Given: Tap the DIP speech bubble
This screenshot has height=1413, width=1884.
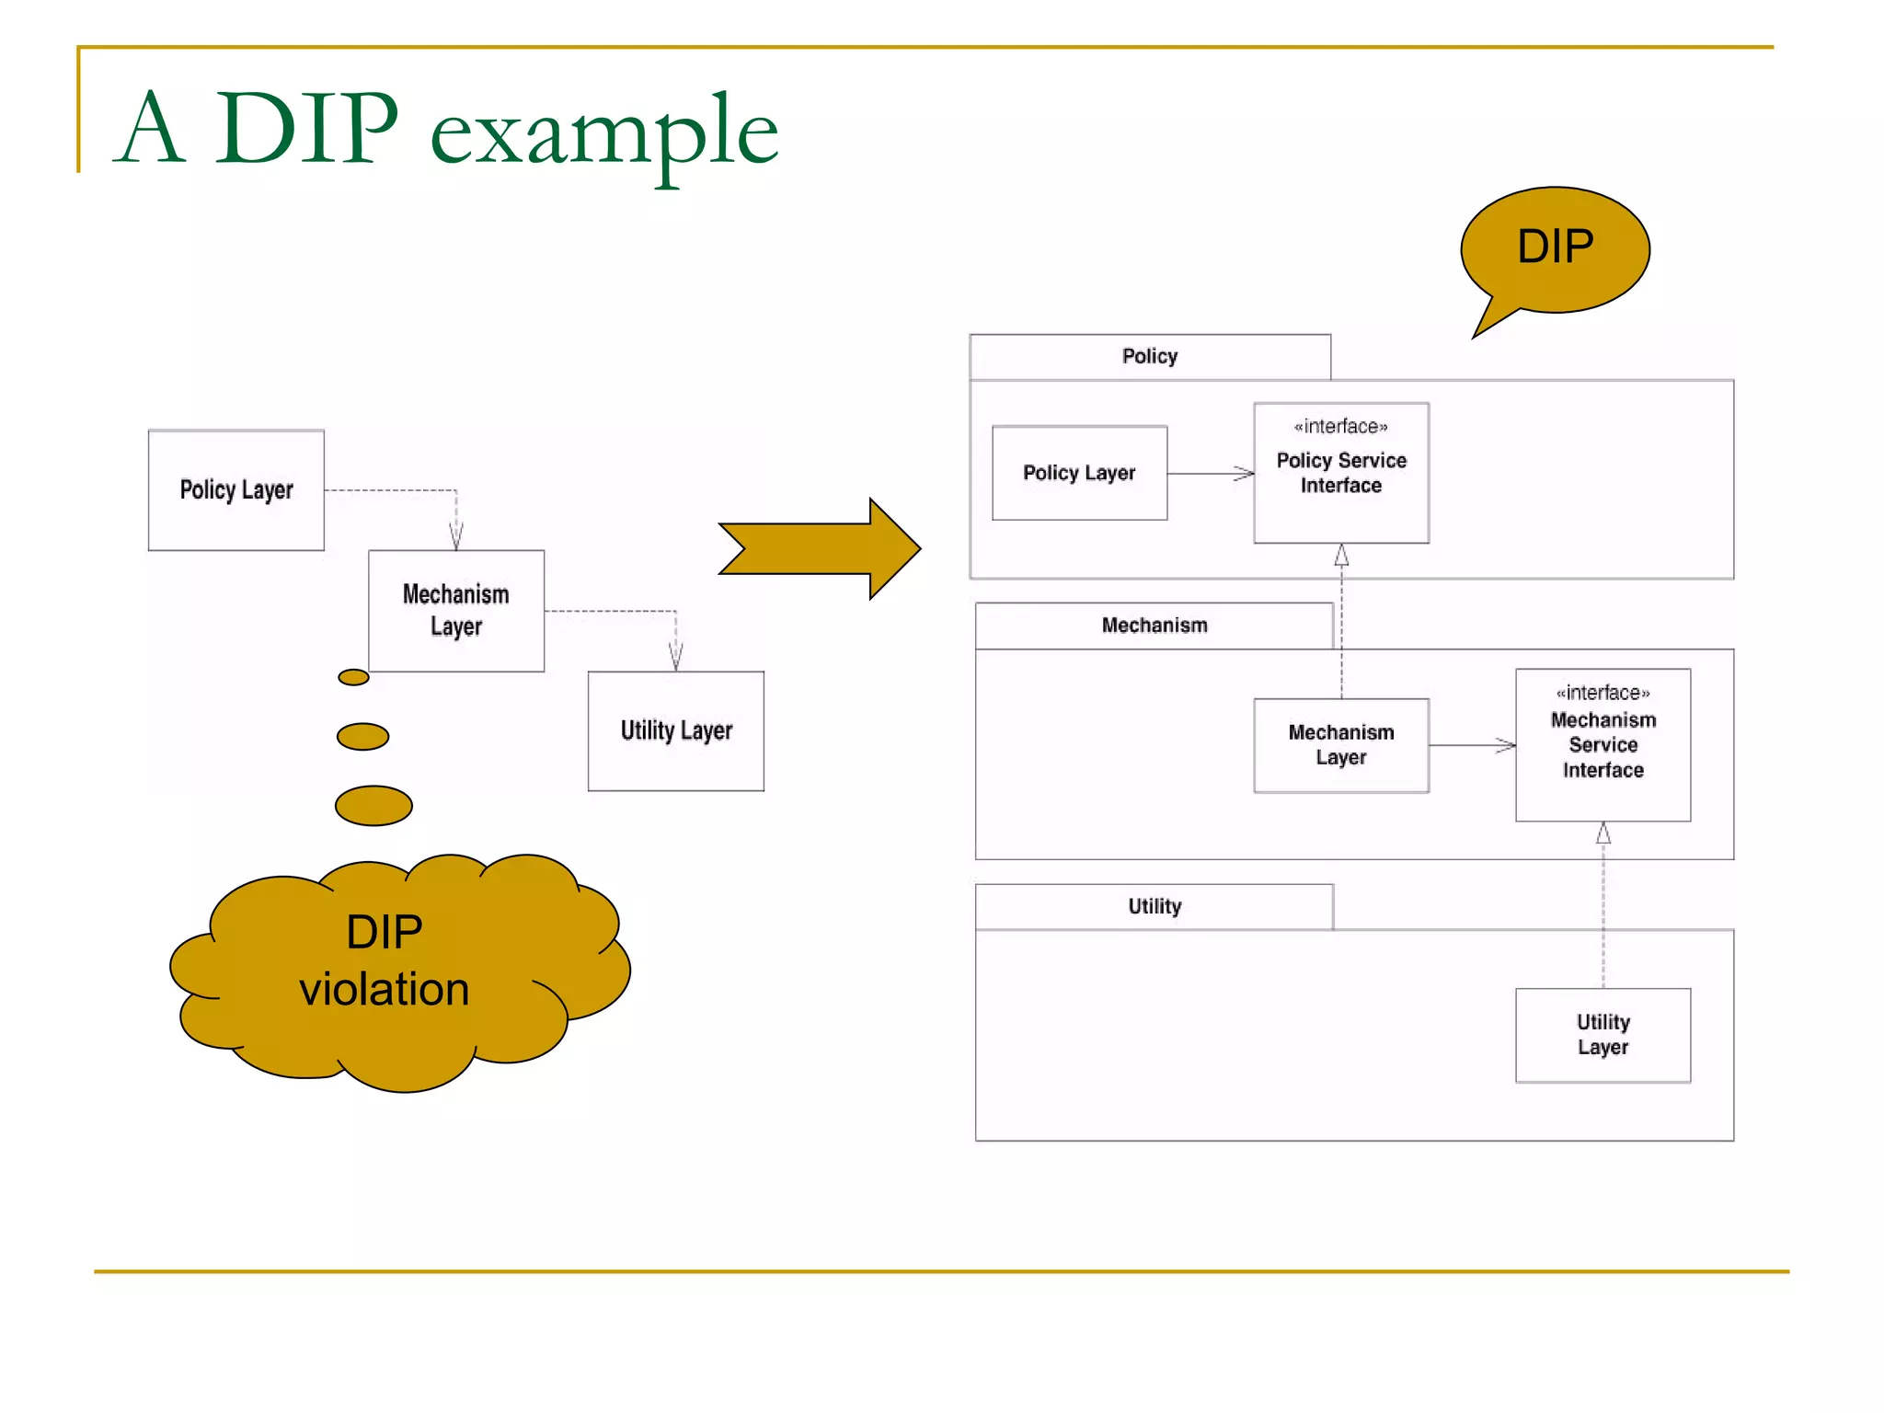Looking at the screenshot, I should click(1555, 248).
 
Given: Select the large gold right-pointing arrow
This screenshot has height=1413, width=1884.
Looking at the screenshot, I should click(819, 548).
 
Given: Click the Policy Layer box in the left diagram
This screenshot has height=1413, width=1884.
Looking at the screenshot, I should click(236, 489).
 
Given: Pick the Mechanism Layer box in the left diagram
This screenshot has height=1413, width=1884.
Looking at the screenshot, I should click(456, 610).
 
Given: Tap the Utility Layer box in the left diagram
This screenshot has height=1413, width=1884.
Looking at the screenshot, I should click(676, 730).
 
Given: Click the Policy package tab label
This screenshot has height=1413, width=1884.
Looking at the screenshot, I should click(1149, 356).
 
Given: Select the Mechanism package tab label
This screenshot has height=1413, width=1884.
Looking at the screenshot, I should click(1154, 626).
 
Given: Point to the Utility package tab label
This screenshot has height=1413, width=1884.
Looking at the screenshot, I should click(1154, 906).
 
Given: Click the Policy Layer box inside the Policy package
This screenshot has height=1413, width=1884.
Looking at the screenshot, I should click(1079, 473).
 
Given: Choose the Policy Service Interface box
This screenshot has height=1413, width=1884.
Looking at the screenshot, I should click(1340, 473).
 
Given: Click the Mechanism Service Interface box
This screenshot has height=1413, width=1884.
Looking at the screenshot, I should click(1603, 744).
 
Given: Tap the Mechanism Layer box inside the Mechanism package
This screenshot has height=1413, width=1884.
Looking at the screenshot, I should click(1340, 745).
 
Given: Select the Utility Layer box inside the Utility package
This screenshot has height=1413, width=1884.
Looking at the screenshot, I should click(1603, 1035).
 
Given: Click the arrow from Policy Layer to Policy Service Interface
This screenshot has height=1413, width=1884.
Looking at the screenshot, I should click(1210, 474).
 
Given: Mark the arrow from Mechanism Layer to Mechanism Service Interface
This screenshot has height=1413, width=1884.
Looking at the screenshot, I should click(1472, 745).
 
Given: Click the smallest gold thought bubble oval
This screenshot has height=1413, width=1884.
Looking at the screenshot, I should click(353, 678).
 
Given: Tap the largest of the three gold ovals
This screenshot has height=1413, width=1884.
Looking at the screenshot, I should click(373, 806).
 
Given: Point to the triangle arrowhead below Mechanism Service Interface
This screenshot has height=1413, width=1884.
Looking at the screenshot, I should click(1603, 833).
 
